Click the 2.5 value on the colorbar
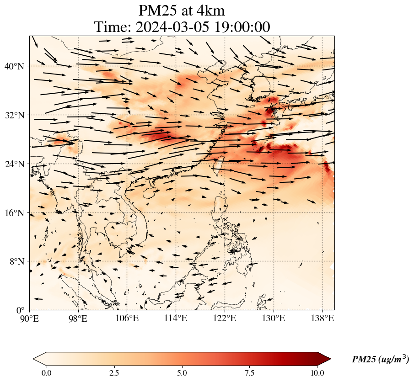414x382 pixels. click(114, 373)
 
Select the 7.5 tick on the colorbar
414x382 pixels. click(250, 373)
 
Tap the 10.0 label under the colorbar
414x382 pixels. click(317, 373)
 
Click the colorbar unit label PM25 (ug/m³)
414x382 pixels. click(380, 360)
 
